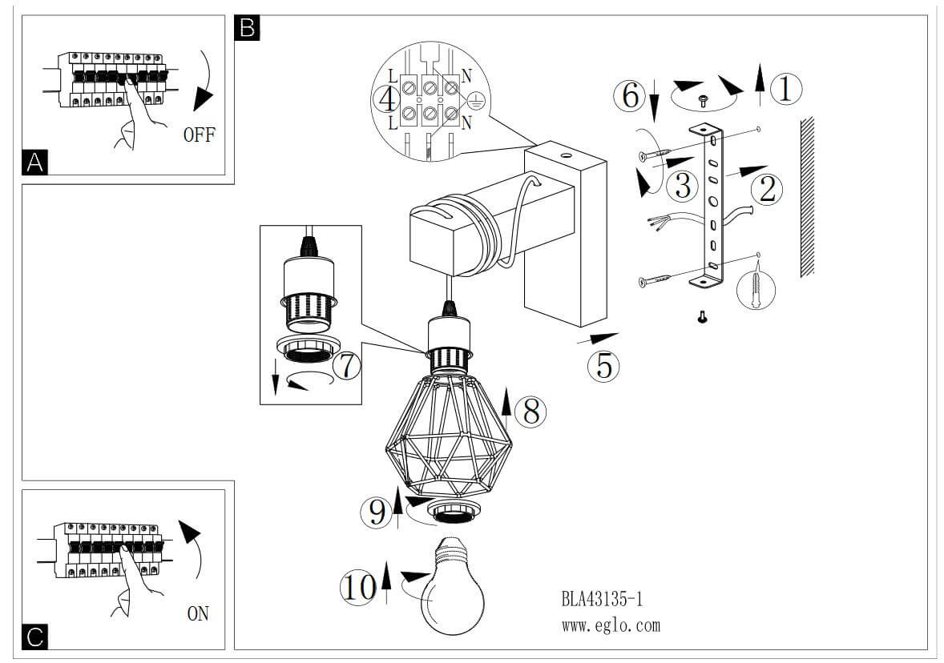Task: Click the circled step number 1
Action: (x=785, y=89)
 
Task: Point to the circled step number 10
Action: (x=357, y=588)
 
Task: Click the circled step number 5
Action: (x=603, y=365)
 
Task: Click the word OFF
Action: (x=199, y=134)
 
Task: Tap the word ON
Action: (x=198, y=614)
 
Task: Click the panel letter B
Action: (x=246, y=29)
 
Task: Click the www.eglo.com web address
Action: (x=611, y=625)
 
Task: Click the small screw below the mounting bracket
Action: (x=703, y=318)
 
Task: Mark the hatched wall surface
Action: (x=807, y=196)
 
